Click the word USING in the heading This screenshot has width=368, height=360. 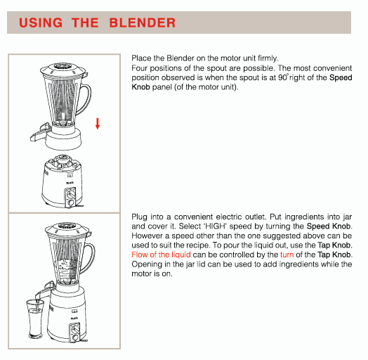click(x=40, y=22)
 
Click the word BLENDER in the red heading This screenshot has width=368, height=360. click(x=143, y=22)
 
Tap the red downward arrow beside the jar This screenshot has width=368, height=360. click(x=98, y=124)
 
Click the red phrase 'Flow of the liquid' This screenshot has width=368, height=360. click(x=161, y=254)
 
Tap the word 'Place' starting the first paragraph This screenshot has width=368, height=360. click(x=142, y=58)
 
